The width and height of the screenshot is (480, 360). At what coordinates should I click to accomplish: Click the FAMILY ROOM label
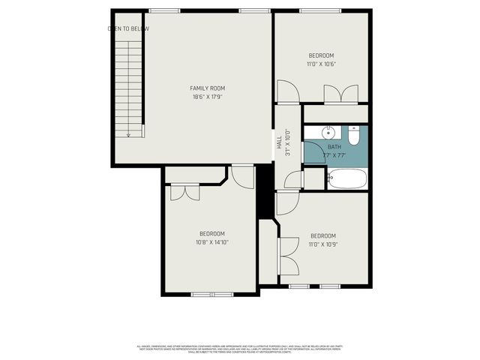point(207,88)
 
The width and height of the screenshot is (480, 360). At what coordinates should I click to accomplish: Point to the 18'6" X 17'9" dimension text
point(207,97)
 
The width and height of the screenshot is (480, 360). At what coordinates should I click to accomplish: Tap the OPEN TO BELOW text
point(128,28)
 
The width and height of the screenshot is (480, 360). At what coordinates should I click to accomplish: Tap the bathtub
point(346,179)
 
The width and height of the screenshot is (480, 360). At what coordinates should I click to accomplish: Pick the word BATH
point(334,148)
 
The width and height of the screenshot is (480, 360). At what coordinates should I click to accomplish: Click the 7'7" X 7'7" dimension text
point(334,156)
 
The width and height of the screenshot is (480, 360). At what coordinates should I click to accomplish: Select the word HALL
point(279,142)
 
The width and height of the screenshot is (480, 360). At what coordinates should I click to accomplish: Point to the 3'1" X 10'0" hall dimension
point(287,142)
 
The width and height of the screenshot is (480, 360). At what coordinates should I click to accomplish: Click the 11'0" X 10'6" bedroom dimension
point(321,64)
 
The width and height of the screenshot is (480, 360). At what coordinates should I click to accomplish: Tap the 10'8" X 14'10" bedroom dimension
point(211,241)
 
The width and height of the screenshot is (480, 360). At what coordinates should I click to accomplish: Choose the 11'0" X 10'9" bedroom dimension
point(322,243)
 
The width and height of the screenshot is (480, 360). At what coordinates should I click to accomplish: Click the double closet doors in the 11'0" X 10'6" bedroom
point(340,94)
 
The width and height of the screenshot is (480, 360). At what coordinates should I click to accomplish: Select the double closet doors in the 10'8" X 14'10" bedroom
point(184,192)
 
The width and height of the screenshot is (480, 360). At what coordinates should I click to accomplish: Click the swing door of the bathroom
point(294,180)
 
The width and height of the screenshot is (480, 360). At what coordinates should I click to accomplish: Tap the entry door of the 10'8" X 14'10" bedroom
point(241,177)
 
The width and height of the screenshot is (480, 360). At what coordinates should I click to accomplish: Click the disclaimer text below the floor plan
point(239,349)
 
